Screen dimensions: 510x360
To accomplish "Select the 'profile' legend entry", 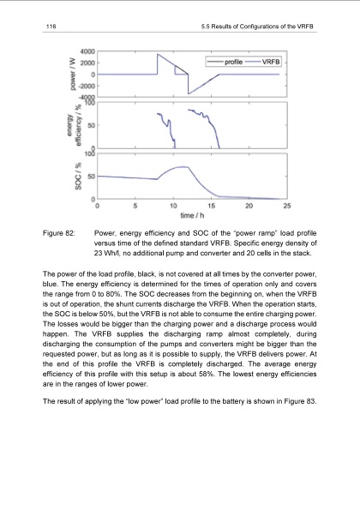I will coord(231,63).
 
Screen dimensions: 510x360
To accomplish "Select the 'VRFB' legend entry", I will coord(271,63).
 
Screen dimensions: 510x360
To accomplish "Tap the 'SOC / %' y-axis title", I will coord(62,177).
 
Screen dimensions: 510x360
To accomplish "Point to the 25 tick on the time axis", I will coord(286,206).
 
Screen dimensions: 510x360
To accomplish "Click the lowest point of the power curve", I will coord(188,93).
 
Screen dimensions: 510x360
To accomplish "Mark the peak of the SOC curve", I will coord(181,167).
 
